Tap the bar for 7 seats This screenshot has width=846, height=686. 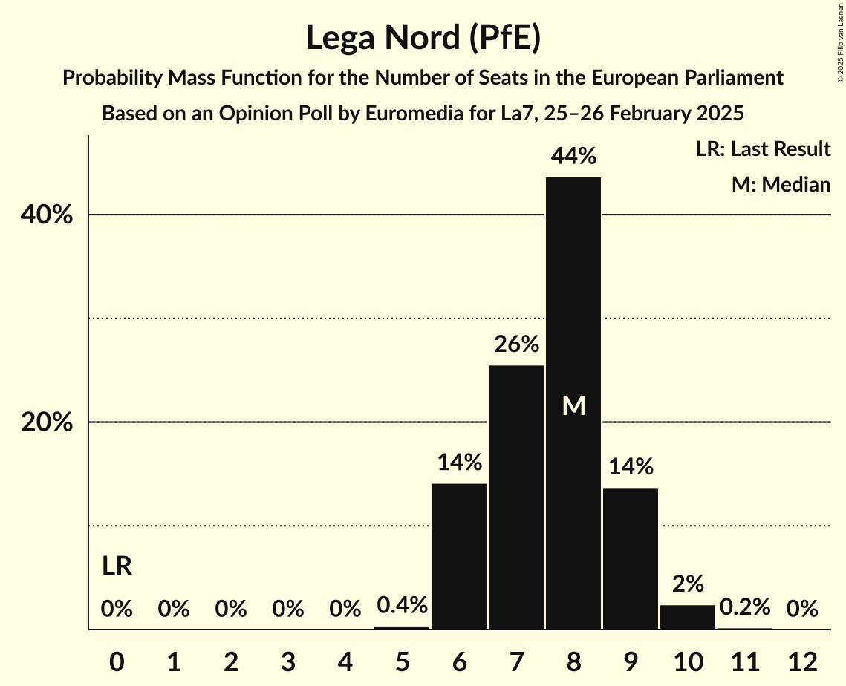coord(516,497)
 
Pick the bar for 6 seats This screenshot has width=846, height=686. coord(459,556)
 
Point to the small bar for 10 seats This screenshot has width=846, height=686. coord(688,617)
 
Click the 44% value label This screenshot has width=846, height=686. coord(573,157)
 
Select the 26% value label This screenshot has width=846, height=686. coord(516,344)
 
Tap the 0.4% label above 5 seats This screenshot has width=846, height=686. coord(402,605)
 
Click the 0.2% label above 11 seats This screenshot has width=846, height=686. coord(745,607)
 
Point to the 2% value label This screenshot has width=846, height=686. coord(688,584)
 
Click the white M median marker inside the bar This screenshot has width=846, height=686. coord(573,405)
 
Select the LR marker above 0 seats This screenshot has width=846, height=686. coord(117,566)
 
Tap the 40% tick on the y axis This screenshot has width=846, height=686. coord(46,215)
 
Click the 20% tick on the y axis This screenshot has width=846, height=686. coord(46,422)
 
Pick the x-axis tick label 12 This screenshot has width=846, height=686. coord(802,661)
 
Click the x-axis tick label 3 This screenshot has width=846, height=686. coord(287,661)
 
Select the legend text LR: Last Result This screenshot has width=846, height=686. coord(763,149)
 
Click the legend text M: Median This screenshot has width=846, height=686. coord(781,184)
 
